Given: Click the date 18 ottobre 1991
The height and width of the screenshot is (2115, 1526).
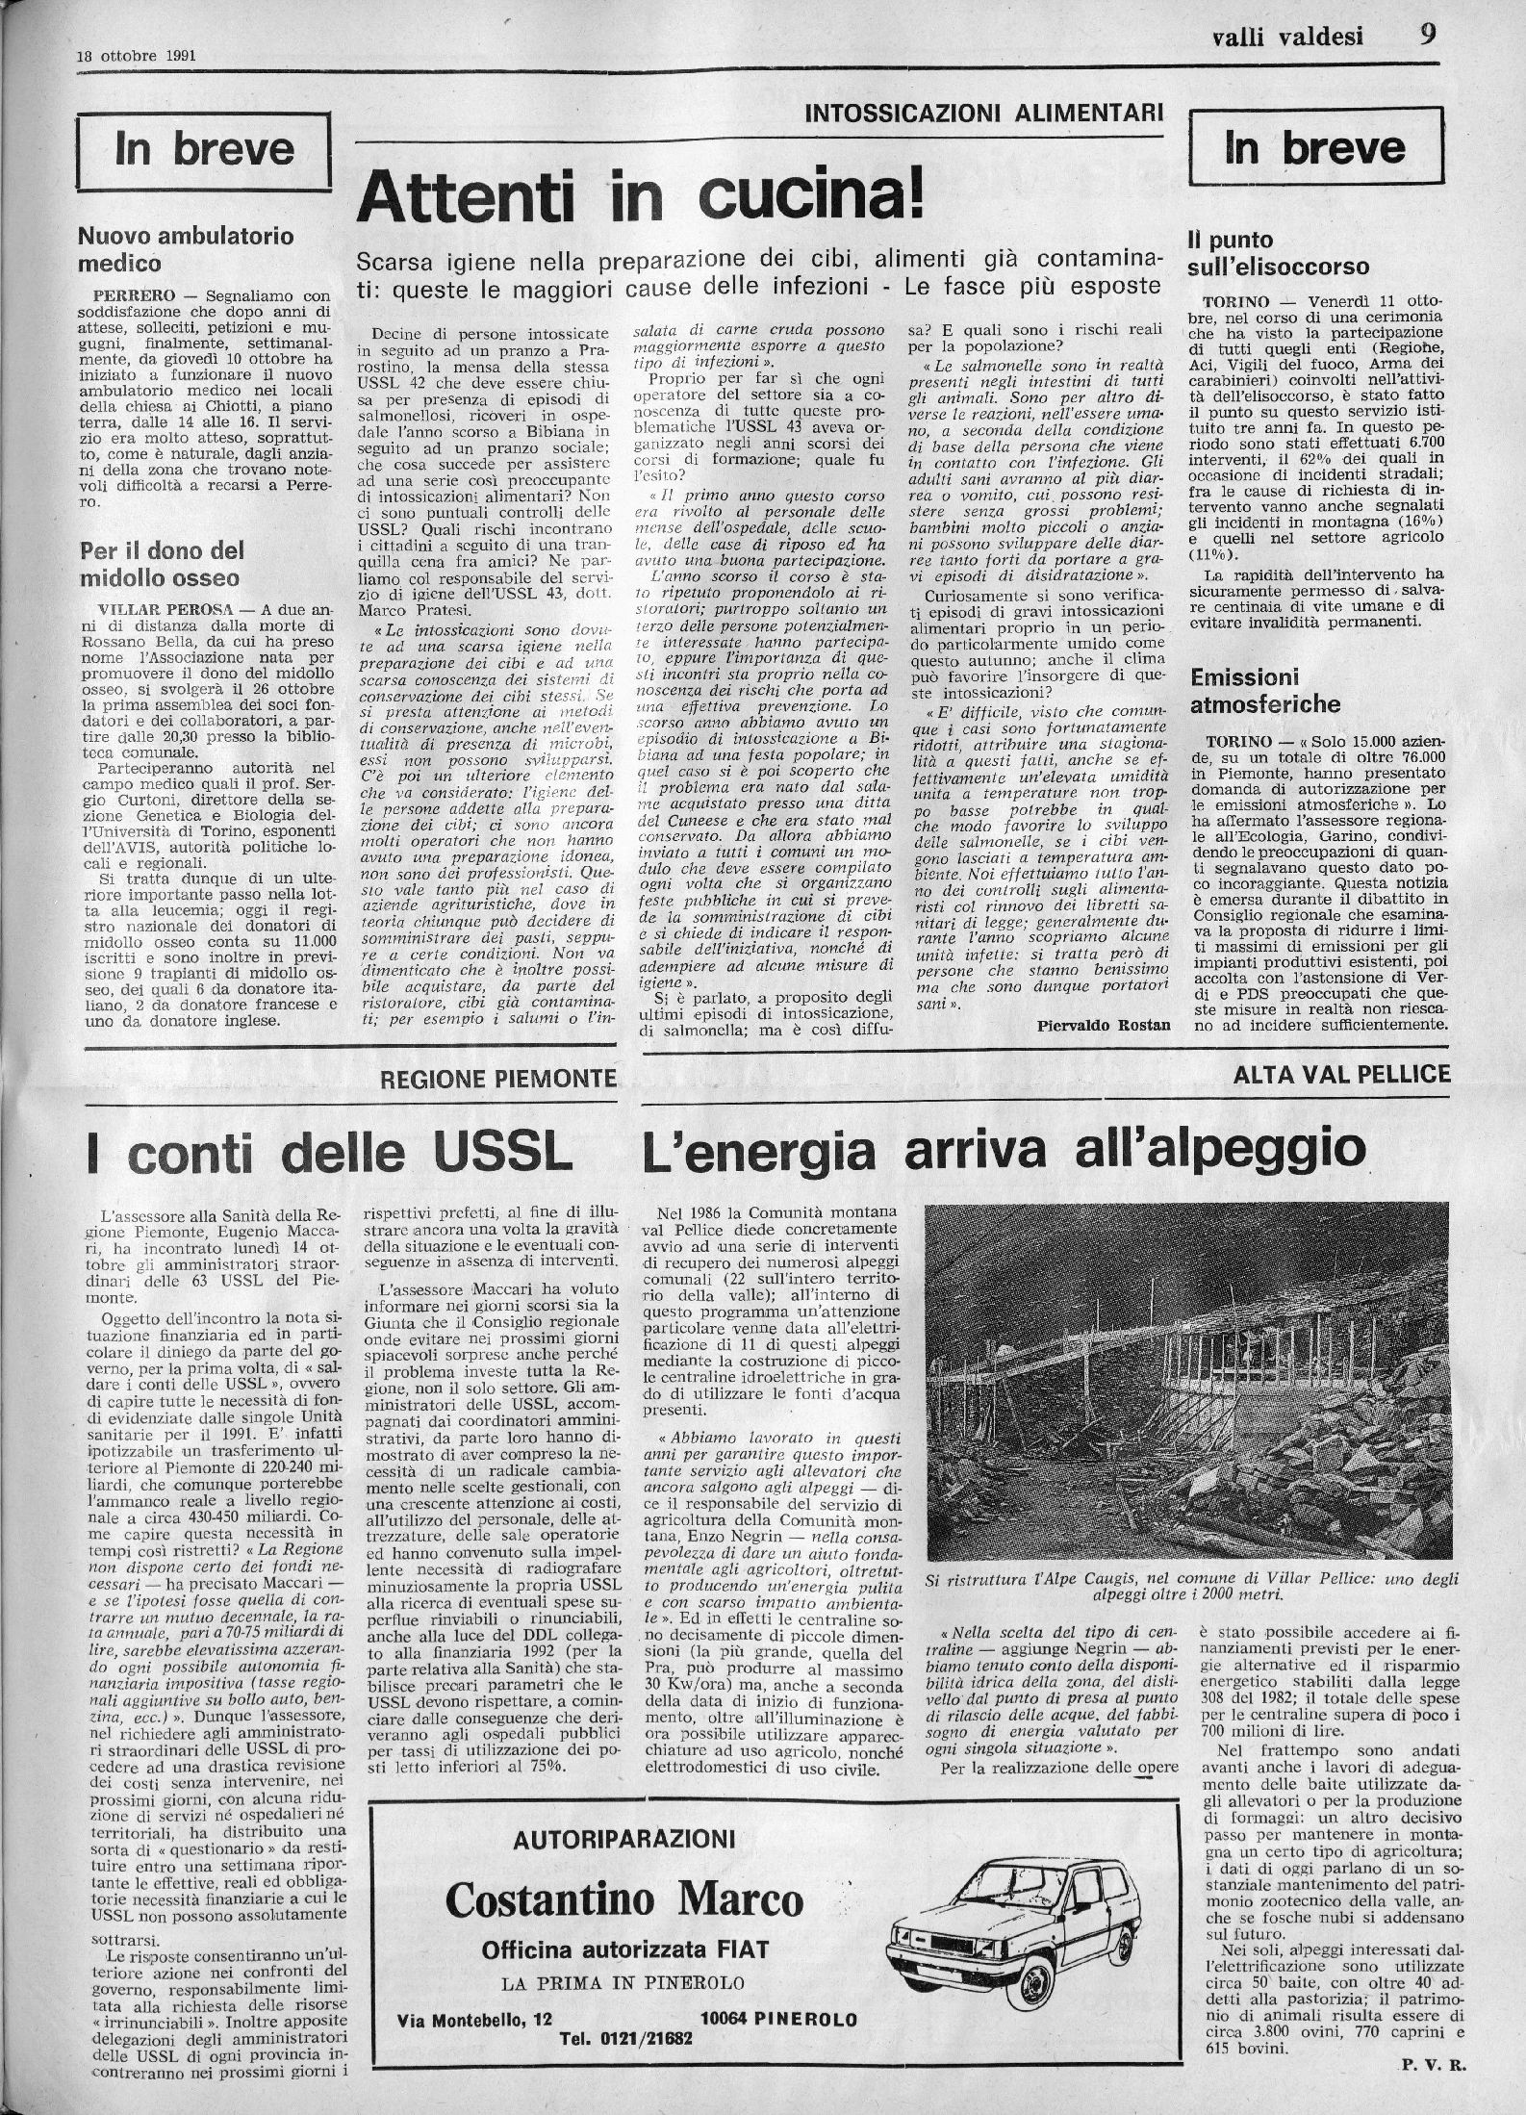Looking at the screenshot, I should point(136,55).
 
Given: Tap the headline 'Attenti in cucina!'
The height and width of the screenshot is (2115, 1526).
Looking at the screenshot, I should point(640,197).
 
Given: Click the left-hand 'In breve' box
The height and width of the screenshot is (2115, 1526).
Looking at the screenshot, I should point(204,150).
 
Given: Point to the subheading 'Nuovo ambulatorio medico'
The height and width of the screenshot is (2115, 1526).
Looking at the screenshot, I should point(185,248).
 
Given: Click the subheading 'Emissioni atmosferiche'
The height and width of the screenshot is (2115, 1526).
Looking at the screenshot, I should point(1264,690).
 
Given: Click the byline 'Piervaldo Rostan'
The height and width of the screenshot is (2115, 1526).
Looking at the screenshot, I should point(1105,1025).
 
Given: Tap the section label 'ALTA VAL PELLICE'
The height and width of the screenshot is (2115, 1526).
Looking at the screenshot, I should point(1340,1073).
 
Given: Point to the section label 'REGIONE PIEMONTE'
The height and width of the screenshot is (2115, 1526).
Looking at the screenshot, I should point(498,1078).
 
